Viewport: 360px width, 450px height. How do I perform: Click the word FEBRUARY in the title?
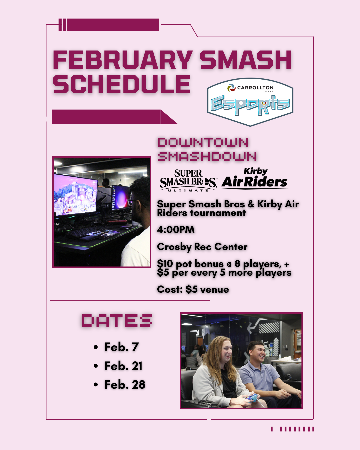tap(123, 60)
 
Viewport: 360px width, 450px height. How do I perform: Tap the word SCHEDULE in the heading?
tap(121, 84)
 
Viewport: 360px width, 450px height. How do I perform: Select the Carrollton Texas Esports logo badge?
tap(250, 102)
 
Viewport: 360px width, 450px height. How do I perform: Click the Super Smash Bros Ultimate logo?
tap(188, 180)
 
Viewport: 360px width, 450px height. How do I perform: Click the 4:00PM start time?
tap(176, 230)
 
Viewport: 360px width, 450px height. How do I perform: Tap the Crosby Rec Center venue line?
tap(202, 247)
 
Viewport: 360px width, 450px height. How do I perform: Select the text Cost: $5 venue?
tap(193, 289)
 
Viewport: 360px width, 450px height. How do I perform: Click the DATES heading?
tap(117, 320)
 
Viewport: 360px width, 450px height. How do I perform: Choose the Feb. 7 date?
tap(122, 347)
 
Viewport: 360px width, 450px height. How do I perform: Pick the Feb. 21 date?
tap(123, 366)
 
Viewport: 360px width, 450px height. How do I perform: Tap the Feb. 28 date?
tap(125, 385)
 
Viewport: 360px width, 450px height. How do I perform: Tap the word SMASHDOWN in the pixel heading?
tap(207, 157)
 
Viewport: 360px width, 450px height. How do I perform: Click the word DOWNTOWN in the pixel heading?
tap(203, 142)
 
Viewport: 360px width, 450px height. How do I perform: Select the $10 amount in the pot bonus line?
tap(165, 264)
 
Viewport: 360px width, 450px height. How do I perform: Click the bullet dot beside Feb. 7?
tap(96, 347)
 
